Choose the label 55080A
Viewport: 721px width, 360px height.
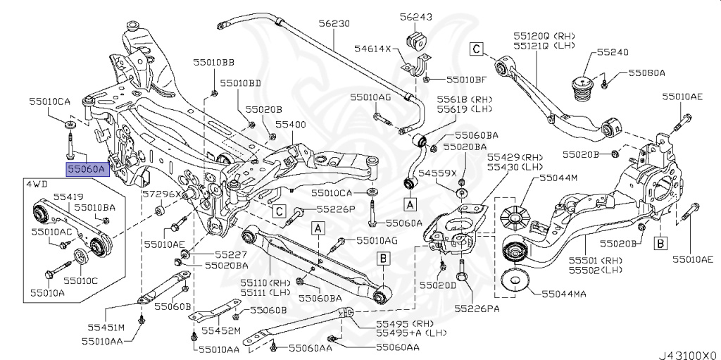[x=647, y=72]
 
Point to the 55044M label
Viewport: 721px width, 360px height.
[x=558, y=179]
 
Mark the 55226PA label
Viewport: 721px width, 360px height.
[x=477, y=308]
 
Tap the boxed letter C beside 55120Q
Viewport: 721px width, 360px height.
[x=476, y=49]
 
